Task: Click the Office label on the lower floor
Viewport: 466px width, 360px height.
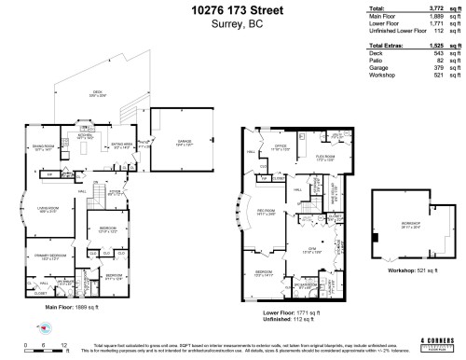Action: pyautogui.click(x=281, y=147)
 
